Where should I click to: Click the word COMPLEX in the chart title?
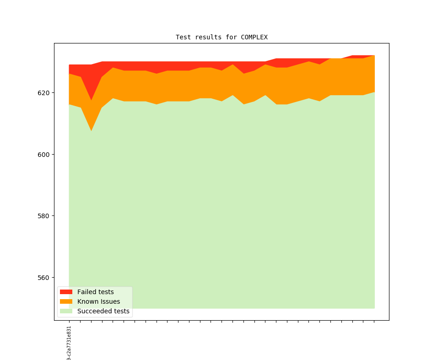tap(254, 37)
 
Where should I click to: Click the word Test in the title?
tap(183, 37)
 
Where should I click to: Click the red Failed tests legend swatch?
tap(66, 292)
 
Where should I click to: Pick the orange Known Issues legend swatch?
tap(66, 301)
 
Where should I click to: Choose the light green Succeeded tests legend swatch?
tap(66, 311)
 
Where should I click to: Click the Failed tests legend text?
tap(95, 292)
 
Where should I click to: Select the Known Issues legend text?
tap(98, 301)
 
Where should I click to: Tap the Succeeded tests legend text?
tap(103, 311)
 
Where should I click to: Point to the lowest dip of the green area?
tap(91, 131)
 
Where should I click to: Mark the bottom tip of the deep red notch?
tap(91, 100)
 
